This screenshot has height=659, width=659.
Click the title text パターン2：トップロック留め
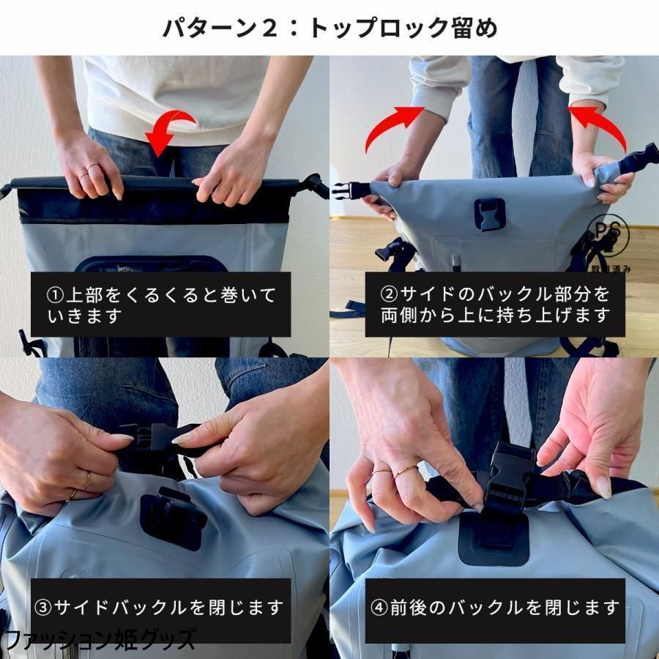coord(330,28)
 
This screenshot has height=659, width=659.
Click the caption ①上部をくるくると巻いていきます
coord(161,305)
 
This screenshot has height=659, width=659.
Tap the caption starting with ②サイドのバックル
coord(495,305)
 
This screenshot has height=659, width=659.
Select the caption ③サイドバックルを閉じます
coord(159,608)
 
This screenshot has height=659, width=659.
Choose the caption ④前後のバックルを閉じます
coord(495,608)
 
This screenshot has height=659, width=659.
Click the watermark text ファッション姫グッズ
coord(100,640)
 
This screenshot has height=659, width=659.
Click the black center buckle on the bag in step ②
coord(490,214)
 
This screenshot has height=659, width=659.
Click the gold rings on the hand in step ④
coord(395,471)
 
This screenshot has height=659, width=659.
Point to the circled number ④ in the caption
coord(379,608)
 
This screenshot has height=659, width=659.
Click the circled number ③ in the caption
coord(43,608)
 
